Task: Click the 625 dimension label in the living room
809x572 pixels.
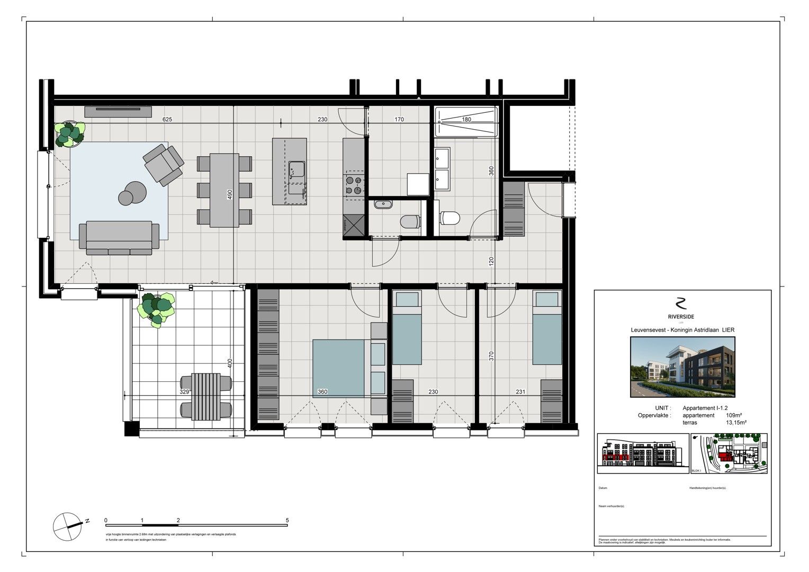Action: coord(167,120)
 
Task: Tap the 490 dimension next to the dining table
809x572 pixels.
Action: coord(230,194)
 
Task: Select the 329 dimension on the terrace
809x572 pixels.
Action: coord(184,392)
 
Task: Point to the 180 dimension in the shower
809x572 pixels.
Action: coord(466,120)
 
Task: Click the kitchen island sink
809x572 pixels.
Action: coord(296,169)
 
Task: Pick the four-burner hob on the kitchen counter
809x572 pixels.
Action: coord(354,185)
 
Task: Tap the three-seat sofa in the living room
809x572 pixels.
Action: coord(119,238)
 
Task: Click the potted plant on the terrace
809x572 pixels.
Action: coord(157,309)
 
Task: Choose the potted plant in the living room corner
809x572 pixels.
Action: coord(69,133)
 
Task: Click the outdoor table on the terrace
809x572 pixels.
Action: coord(206,396)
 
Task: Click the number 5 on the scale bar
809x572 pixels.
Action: coord(287,521)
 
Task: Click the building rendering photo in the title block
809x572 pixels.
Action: coord(683,368)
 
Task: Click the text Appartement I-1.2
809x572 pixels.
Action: coord(705,408)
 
